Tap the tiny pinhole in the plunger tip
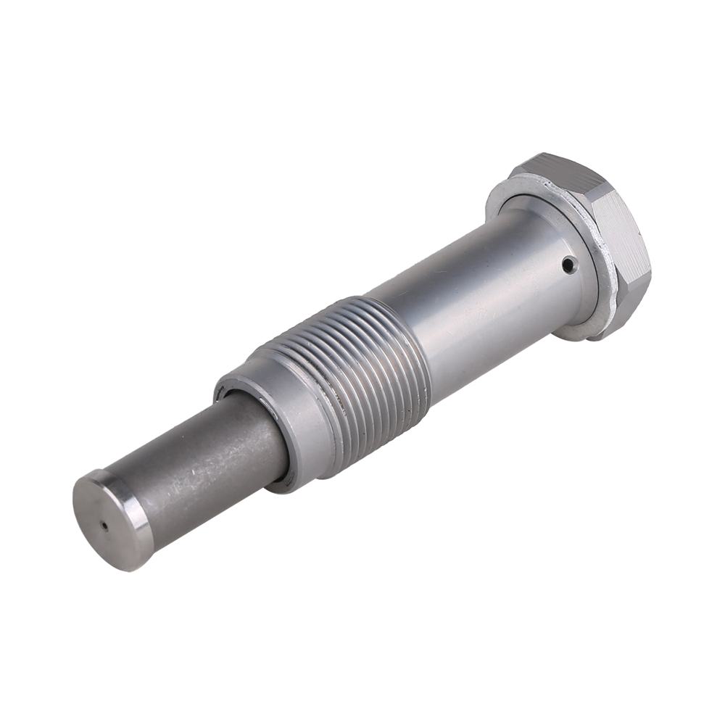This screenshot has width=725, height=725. click(x=104, y=526)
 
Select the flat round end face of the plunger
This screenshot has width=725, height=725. click(x=101, y=521)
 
